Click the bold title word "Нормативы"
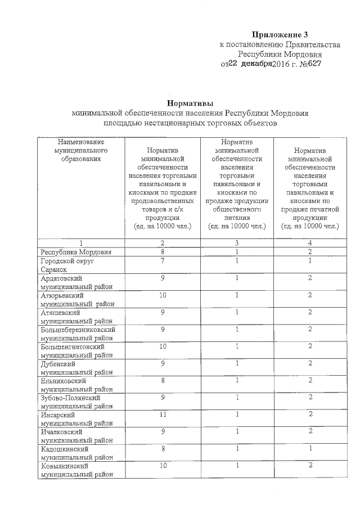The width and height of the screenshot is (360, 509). pyautogui.click(x=191, y=103)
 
